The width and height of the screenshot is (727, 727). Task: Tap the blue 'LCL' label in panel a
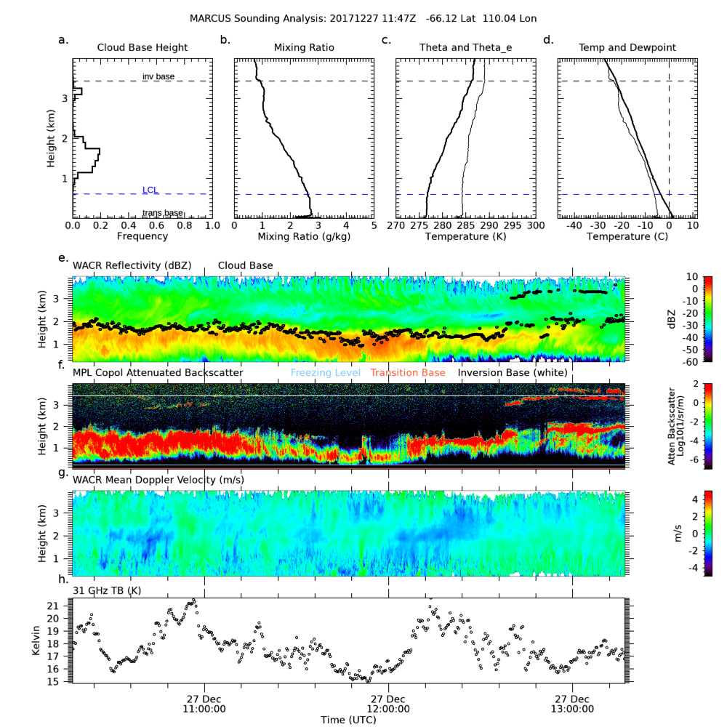coord(150,190)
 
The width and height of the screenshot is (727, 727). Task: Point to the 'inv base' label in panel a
coord(158,76)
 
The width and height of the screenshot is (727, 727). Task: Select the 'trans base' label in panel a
coord(162,213)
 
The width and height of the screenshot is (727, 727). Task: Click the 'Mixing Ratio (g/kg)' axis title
coord(304,237)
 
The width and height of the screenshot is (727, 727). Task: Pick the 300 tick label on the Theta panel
coord(535,226)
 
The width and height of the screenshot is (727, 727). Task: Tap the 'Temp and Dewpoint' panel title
coord(627,48)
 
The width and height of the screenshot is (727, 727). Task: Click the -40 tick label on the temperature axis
coord(574,226)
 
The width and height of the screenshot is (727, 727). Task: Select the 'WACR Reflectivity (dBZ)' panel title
coord(132,266)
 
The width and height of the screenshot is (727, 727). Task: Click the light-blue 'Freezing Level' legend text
coord(325,373)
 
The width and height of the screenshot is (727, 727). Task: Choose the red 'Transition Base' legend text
coord(408,373)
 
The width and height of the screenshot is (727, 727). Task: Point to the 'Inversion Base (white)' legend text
coord(513,373)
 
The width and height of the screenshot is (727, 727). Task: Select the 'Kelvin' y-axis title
coord(36,640)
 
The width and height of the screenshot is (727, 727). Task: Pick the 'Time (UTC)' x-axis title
coord(348,719)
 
